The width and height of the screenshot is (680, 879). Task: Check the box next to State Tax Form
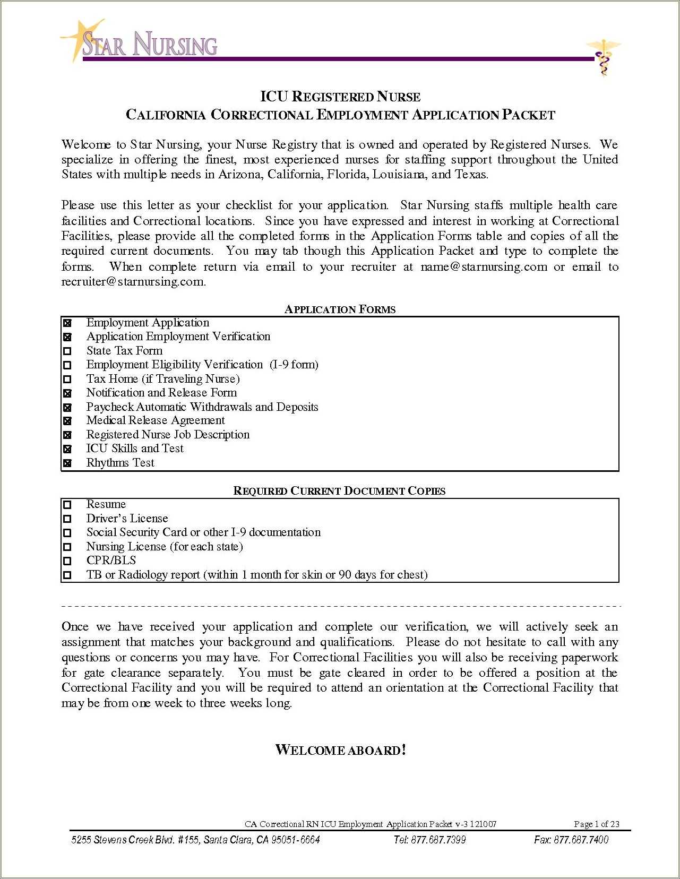pyautogui.click(x=67, y=351)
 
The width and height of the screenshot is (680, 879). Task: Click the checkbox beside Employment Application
pyautogui.click(x=67, y=323)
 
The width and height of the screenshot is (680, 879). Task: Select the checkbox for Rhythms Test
pyautogui.click(x=67, y=463)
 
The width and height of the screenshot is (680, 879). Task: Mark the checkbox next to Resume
pyautogui.click(x=67, y=505)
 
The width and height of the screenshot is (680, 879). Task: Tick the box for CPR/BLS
pyautogui.click(x=67, y=561)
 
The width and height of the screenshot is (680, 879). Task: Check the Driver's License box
pyautogui.click(x=67, y=519)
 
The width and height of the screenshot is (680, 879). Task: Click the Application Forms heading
pyautogui.click(x=340, y=309)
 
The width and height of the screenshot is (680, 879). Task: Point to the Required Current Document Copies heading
pyautogui.click(x=339, y=491)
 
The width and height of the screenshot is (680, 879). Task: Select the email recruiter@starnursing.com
pyautogui.click(x=133, y=282)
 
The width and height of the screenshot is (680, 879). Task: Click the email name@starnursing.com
pyautogui.click(x=484, y=267)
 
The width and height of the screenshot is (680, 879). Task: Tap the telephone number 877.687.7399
pyautogui.click(x=429, y=840)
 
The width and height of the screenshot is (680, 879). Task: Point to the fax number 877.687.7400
pyautogui.click(x=571, y=840)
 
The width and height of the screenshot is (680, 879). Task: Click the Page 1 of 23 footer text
pyautogui.click(x=596, y=824)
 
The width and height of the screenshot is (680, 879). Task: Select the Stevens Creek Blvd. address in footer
pyautogui.click(x=195, y=840)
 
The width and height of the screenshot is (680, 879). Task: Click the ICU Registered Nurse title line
pyautogui.click(x=340, y=97)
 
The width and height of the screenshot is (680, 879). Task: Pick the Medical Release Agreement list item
pyautogui.click(x=156, y=420)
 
